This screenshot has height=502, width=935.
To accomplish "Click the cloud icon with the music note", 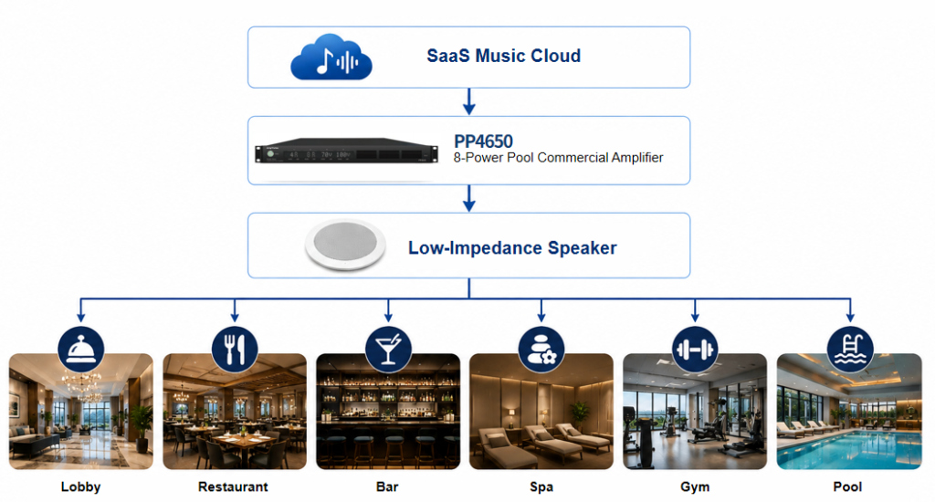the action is (331, 58).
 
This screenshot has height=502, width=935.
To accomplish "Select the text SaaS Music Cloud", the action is (503, 56).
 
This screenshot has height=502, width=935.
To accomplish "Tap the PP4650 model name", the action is (483, 141).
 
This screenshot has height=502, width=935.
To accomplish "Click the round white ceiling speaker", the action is (345, 246).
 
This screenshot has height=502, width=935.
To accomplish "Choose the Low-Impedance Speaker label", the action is (512, 248).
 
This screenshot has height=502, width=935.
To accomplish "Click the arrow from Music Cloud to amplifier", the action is (469, 101).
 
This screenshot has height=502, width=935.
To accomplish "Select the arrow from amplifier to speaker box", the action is (469, 198).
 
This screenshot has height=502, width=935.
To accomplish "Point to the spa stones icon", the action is (541, 350).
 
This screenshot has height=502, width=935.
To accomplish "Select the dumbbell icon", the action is (695, 350).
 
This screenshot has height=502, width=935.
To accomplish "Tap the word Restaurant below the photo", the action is (233, 487).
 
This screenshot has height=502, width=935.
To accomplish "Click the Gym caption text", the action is (695, 487).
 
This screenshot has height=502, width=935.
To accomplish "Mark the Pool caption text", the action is (847, 487).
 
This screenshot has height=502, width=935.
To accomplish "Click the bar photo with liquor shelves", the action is (388, 412).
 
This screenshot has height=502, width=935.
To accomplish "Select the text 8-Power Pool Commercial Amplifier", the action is (558, 158).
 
